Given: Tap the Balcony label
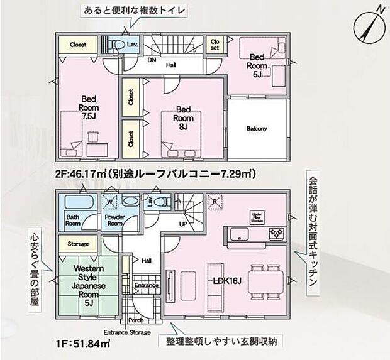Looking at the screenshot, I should (257, 129).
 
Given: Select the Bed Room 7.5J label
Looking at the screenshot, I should (88, 107).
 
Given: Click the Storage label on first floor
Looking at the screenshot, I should (77, 244).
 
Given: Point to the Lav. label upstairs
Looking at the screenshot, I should (132, 45).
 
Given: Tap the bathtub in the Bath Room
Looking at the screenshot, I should (78, 203).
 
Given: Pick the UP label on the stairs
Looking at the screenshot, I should (184, 223).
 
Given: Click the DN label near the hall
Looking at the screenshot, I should (152, 61).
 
